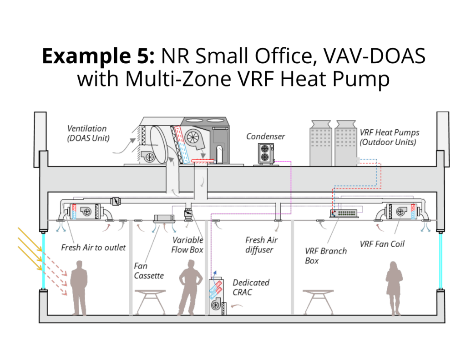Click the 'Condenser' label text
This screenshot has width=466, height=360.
[265, 137]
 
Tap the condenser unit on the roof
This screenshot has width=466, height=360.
[266, 154]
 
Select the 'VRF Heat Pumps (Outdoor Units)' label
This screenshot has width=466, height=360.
[390, 137]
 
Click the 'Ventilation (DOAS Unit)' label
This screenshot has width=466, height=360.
[88, 133]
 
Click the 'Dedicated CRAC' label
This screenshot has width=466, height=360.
[251, 287]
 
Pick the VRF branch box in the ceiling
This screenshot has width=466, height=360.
[344, 213]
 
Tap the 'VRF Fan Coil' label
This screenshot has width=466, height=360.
[382, 244]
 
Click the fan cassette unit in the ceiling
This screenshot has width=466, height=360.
[164, 219]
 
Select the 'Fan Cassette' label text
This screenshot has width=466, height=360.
[149, 271]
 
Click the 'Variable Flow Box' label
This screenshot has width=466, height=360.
[187, 245]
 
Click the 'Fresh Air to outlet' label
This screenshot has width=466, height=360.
[93, 247]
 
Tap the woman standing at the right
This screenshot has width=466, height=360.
[394, 289]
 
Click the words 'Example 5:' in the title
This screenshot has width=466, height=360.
[98, 56]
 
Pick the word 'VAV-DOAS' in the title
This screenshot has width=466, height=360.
[375, 56]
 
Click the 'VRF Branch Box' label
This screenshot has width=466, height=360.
[326, 256]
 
